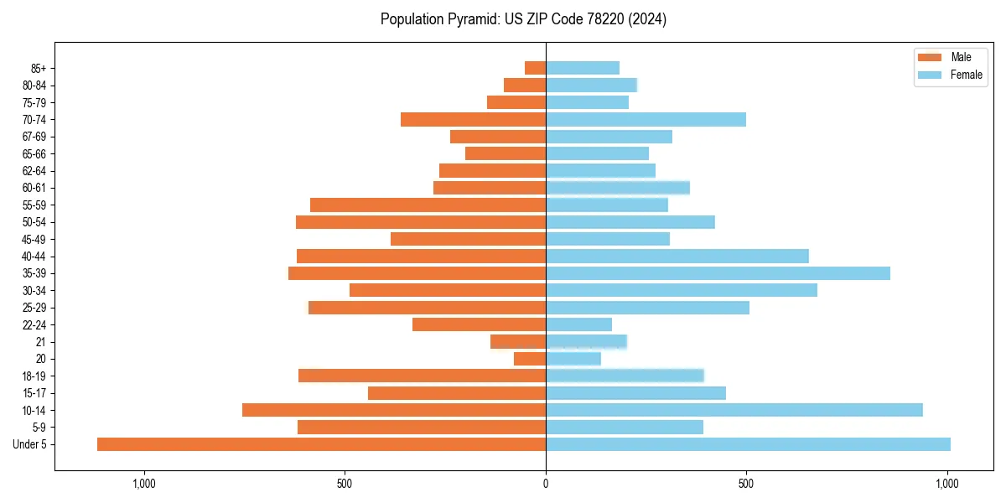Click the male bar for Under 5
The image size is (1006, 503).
point(321,444)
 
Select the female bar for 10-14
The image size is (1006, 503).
point(734,410)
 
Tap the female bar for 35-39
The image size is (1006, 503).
point(718,273)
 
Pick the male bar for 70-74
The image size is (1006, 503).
point(473,119)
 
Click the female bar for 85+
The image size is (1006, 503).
point(583,68)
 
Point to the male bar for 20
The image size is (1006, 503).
point(530,359)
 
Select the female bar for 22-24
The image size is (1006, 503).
point(578,324)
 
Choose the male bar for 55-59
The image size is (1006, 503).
point(428,205)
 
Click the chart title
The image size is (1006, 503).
point(523,19)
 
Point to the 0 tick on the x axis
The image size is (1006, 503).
point(546,484)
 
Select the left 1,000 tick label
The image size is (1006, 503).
point(144,484)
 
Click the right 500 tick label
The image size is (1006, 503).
point(746,484)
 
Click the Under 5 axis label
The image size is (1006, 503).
point(30,444)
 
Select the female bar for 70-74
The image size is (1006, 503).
point(646,119)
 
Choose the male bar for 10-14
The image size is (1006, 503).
point(394,410)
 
